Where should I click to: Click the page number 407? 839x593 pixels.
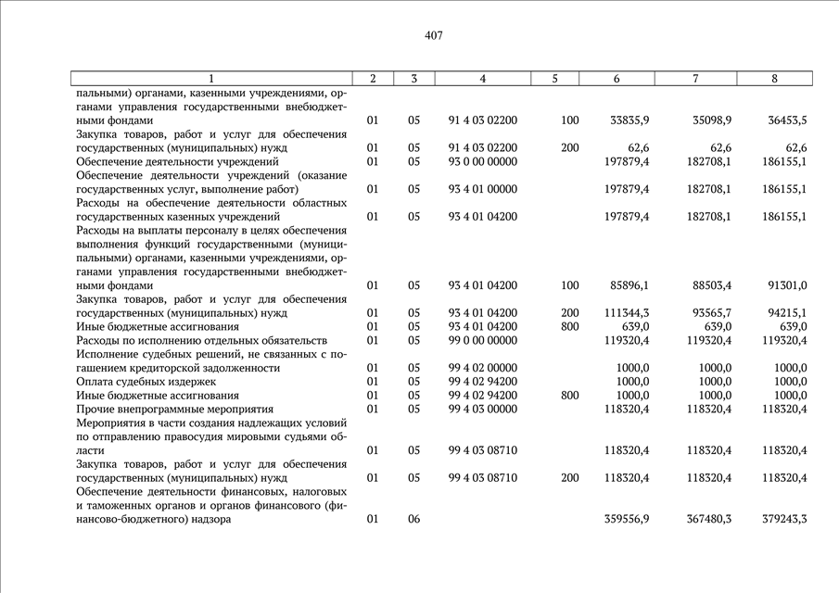[434, 36]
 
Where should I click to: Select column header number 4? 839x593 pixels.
[483, 79]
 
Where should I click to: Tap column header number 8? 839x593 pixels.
[774, 79]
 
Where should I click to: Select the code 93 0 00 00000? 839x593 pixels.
[483, 162]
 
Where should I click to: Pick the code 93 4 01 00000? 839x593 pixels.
[483, 189]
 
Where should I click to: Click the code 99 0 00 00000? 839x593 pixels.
[483, 341]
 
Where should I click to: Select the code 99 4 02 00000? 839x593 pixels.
[483, 368]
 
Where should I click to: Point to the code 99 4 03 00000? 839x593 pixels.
[483, 409]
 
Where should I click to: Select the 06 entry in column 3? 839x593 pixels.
[413, 519]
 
